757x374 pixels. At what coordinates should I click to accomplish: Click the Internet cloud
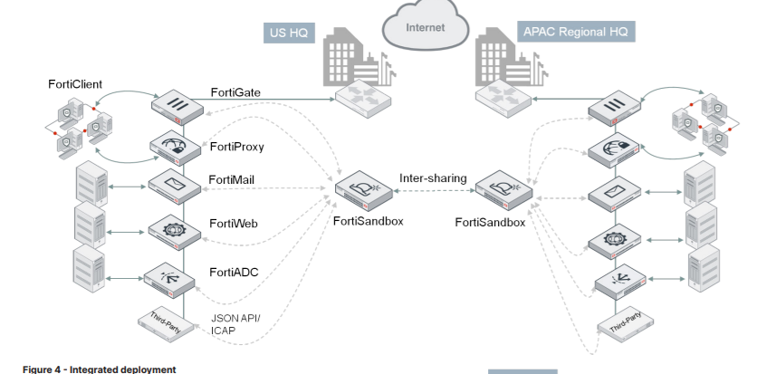click(x=425, y=28)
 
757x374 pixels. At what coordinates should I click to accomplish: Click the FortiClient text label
click(x=75, y=84)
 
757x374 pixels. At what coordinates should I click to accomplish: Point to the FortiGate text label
click(x=237, y=91)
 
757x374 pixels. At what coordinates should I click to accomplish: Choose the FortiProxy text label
click(x=237, y=146)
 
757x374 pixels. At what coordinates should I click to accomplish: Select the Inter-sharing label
click(x=433, y=178)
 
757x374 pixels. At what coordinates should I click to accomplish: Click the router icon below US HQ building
click(x=361, y=97)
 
